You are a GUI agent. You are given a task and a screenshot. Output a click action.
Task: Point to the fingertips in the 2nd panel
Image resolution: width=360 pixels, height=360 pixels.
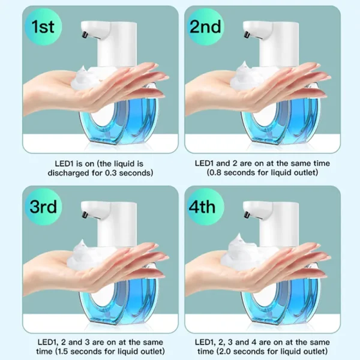click(x=324, y=77)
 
